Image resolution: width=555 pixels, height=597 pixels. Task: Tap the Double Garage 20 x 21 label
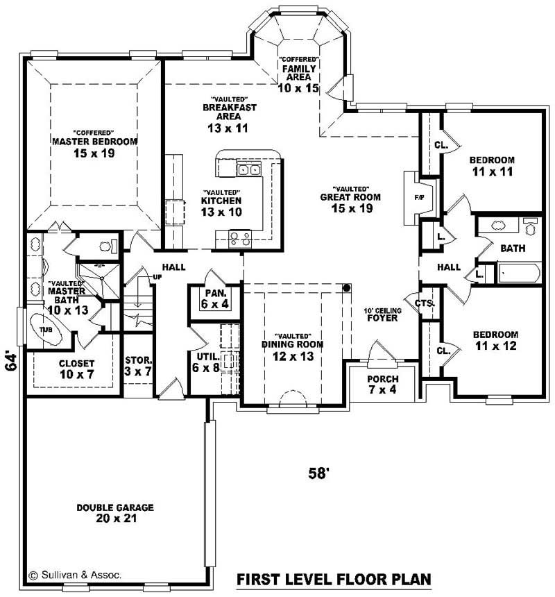(115, 513)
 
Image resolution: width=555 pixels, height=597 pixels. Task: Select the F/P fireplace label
(419, 198)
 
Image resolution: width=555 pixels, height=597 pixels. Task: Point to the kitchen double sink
(248, 169)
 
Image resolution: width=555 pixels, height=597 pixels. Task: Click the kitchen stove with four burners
(240, 239)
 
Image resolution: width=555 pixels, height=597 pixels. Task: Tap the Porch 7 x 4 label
(382, 384)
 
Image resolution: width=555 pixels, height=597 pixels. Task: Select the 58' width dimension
(318, 473)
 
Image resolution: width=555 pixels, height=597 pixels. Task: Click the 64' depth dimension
(10, 362)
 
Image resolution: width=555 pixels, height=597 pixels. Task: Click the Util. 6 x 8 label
(206, 362)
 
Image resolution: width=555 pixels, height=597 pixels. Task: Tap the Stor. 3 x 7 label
(138, 365)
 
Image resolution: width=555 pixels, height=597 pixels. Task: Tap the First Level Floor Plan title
(334, 579)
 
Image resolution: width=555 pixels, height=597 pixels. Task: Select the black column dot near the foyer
(347, 287)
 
